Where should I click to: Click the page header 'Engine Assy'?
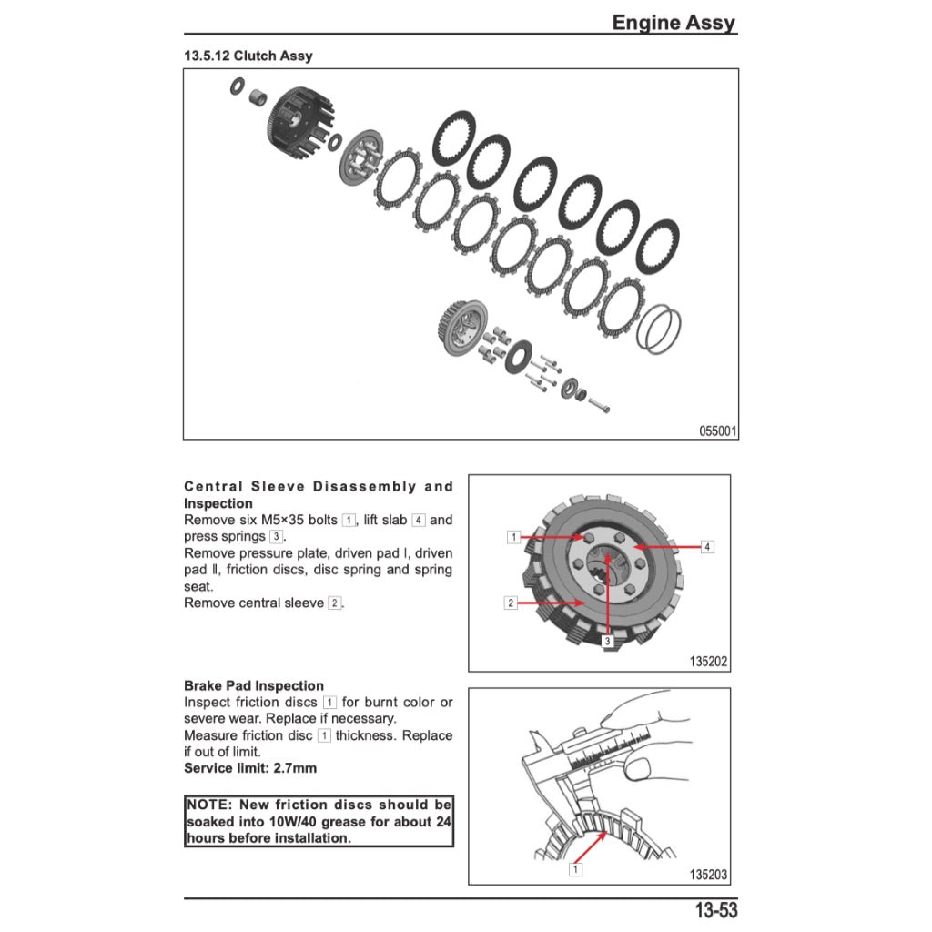[673, 23]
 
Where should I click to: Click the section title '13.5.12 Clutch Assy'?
[248, 56]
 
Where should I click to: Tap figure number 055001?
[717, 431]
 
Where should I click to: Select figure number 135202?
[709, 663]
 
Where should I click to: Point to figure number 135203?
[709, 875]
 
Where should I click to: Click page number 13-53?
[715, 910]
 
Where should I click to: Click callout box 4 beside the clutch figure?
[707, 547]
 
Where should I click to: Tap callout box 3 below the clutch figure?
[607, 641]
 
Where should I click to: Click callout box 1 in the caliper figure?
[574, 869]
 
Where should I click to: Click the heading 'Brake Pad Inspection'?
[253, 685]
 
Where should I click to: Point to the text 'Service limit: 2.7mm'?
[250, 768]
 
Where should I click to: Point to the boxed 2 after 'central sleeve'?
[335, 603]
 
